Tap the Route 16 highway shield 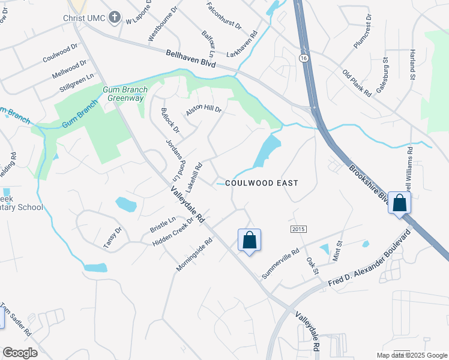click(304, 56)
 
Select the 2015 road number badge click(298, 230)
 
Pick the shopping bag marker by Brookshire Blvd click(399, 203)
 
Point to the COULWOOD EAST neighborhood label click(262, 182)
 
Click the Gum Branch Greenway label click(124, 94)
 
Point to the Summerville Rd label click(280, 265)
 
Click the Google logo click(20, 353)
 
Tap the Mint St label click(337, 251)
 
